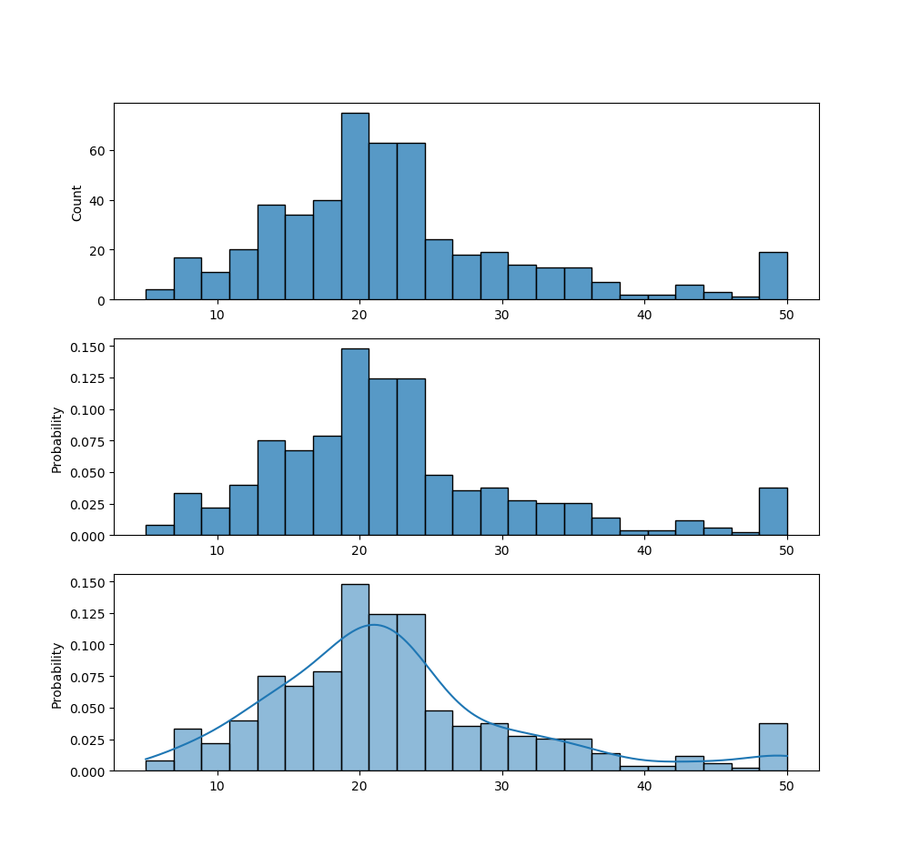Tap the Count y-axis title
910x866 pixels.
77,203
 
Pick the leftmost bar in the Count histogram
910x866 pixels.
159,295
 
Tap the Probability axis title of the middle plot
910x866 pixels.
57,439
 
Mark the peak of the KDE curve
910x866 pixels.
374,625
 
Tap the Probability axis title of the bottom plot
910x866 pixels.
57,675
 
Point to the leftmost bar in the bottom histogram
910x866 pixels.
159,766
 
